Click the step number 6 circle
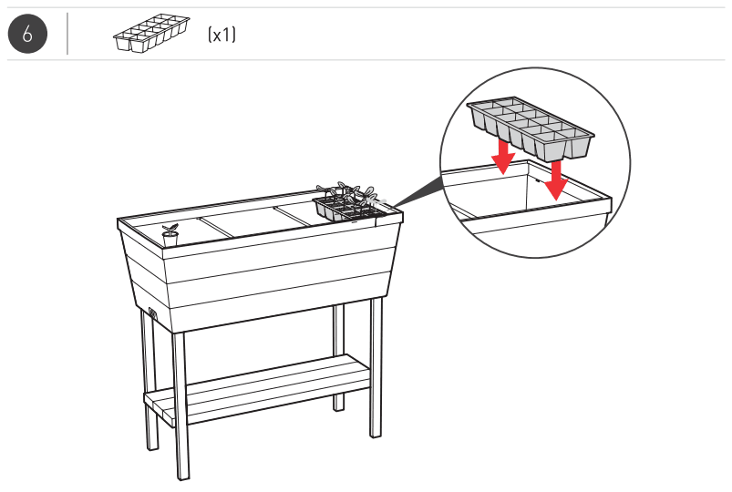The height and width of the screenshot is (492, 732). click(x=27, y=35)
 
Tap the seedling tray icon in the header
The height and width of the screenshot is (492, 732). click(x=150, y=34)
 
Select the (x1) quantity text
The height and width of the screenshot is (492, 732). click(x=222, y=36)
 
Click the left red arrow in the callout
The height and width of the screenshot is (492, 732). click(x=502, y=154)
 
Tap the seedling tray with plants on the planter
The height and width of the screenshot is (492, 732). click(x=348, y=205)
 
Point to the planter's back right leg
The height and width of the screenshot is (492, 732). click(x=339, y=355)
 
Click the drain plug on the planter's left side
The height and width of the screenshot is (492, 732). click(x=153, y=315)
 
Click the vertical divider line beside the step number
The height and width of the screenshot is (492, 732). click(x=68, y=35)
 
